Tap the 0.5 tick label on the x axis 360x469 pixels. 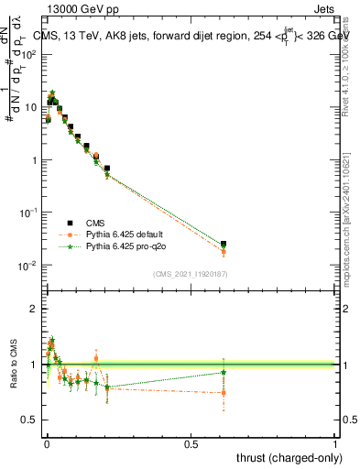tap(191, 443)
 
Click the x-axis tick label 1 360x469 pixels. tap(335, 443)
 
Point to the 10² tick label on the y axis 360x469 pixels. tap(30, 54)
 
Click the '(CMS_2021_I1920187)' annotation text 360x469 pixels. tap(189, 273)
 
